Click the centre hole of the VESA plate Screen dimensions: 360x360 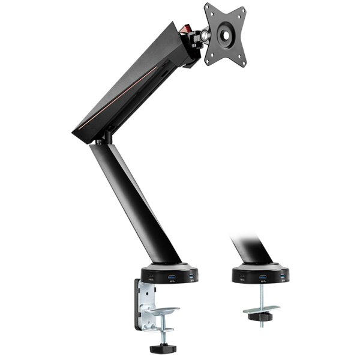pos(226,35)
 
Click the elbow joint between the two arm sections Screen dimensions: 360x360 pos(103,139)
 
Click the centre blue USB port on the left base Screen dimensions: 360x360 pos(172,277)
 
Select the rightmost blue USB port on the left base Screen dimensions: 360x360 pos(192,276)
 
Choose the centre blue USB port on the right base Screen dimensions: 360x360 pos(262,277)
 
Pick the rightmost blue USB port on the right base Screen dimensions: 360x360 pos(283,276)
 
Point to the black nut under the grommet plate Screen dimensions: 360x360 pos(262,316)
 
